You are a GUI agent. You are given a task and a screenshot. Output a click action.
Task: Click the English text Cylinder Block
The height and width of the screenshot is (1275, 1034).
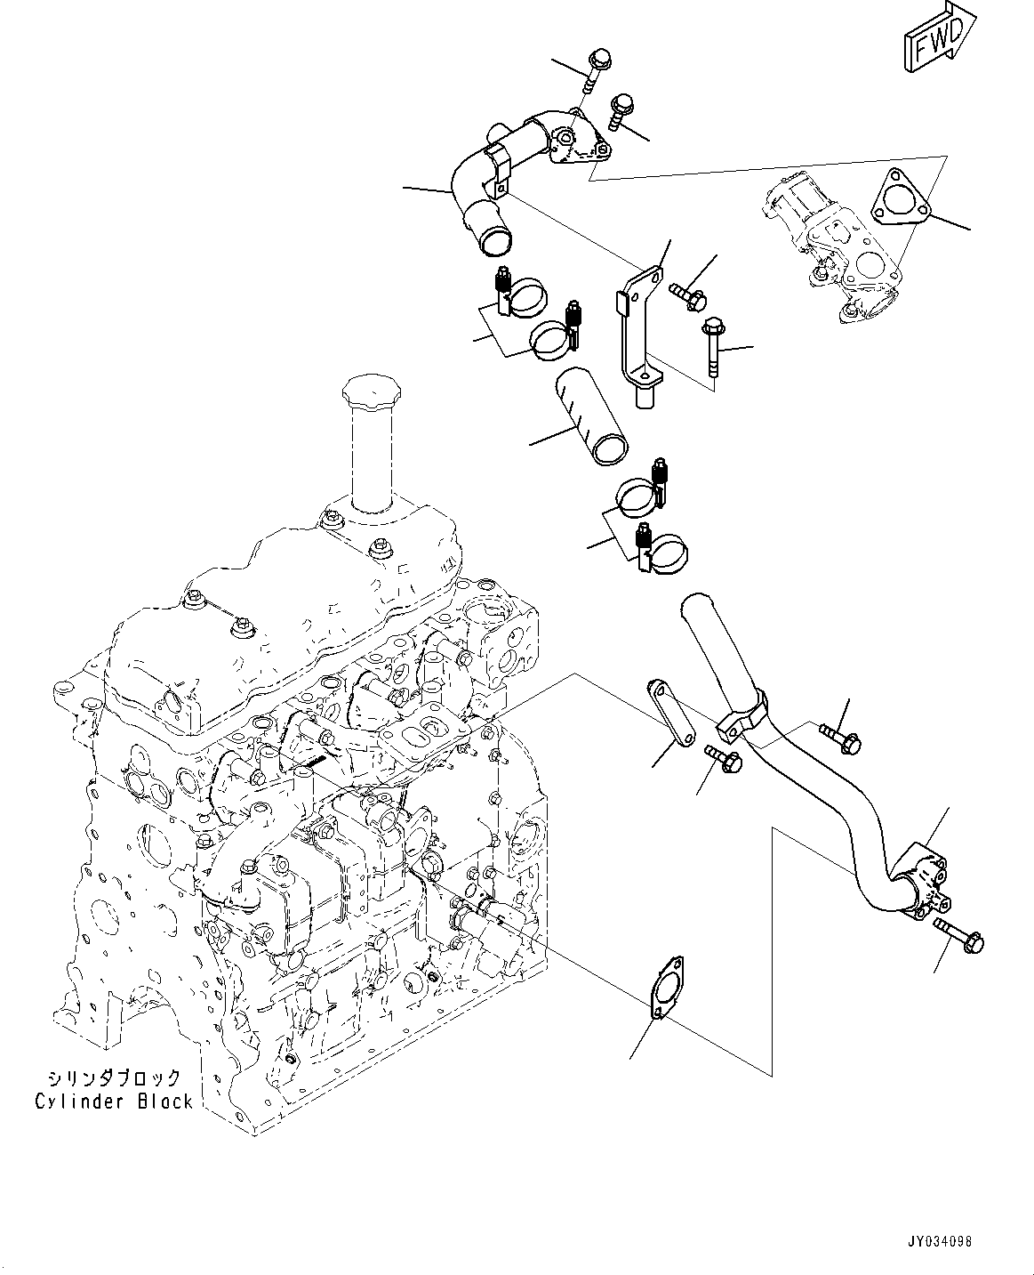tap(114, 1102)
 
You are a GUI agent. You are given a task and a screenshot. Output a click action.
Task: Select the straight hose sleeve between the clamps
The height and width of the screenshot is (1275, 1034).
tap(591, 417)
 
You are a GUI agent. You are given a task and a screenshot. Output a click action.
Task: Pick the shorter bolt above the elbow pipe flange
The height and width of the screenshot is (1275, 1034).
tap(621, 109)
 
